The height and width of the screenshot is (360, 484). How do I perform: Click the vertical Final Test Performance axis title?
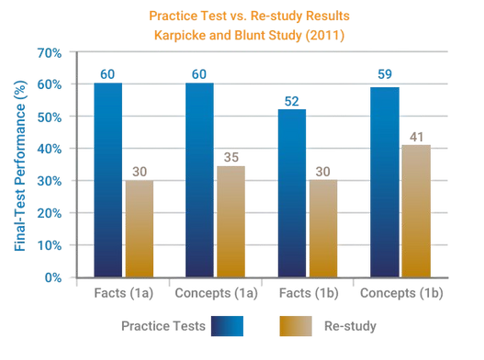tap(17, 165)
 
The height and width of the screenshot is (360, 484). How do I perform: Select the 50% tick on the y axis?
tap(51, 117)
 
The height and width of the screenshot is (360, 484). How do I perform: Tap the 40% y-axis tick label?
tap(51, 149)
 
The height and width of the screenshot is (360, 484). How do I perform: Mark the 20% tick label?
tap(51, 213)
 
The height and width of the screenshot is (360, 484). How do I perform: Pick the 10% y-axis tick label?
tap(51, 245)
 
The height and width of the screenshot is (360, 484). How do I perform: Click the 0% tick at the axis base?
tap(54, 276)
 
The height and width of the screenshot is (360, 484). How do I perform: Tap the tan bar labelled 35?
tap(230, 219)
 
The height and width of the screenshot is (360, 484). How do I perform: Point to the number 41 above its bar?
tap(415, 136)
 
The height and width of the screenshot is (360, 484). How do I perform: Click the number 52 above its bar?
tap(292, 99)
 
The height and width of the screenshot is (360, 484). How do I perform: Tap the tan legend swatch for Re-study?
tap(294, 325)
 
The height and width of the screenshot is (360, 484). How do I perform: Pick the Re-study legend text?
tap(350, 325)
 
